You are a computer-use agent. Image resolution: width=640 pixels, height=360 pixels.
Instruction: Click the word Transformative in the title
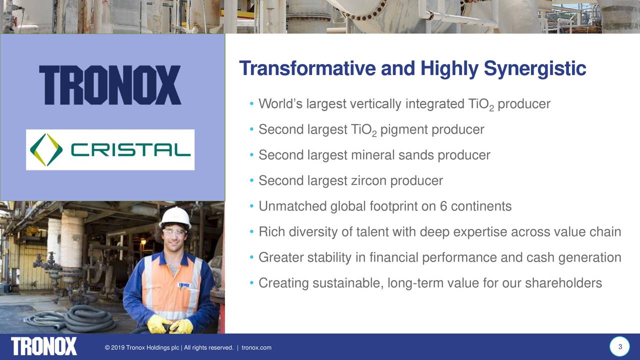[307, 68]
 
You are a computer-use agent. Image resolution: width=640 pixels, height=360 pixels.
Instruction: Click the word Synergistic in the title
[534, 68]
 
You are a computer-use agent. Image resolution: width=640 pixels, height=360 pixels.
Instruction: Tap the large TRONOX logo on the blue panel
[110, 85]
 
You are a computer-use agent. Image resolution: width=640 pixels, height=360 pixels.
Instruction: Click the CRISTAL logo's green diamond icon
[46, 150]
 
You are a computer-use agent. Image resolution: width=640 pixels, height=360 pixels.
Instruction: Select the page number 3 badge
[619, 347]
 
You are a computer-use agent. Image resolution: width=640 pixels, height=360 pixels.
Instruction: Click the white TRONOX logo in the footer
[44, 346]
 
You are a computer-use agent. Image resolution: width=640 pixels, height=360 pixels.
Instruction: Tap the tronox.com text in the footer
[256, 347]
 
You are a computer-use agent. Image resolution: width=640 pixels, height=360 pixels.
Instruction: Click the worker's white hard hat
[175, 216]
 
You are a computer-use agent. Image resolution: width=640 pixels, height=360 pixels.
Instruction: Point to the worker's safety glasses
[174, 232]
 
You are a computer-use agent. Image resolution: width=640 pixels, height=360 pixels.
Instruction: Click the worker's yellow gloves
[169, 325]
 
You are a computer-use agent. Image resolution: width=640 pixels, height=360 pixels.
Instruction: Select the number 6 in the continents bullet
[443, 206]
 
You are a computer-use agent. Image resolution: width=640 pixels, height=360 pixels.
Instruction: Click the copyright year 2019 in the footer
[118, 347]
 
